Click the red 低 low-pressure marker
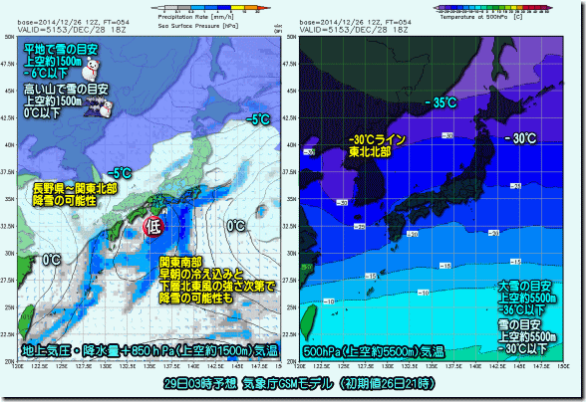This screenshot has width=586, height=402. click(153, 227)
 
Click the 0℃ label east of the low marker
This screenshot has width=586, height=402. click(237, 226)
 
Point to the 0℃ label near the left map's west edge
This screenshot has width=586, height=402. click(52, 260)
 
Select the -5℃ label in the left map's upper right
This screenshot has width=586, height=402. click(259, 119)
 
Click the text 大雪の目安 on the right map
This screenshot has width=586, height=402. click(521, 286)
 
